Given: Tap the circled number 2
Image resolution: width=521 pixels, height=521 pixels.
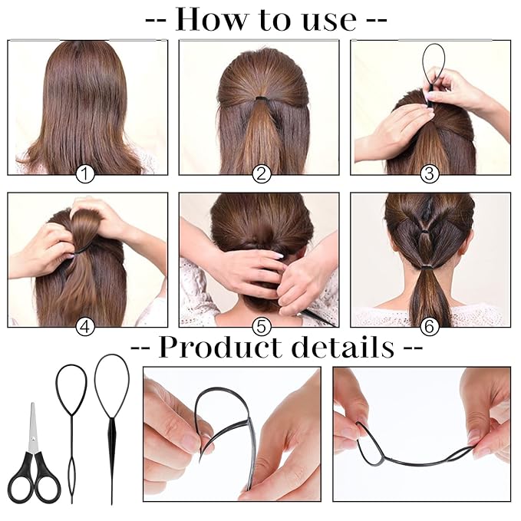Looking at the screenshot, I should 262,174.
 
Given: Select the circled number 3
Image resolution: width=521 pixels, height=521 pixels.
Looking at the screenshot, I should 430,174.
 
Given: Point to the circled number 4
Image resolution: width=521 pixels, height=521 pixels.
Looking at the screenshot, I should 85,326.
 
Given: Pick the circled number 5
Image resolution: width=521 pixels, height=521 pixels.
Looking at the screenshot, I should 262,326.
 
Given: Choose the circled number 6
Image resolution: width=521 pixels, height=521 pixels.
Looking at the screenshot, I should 430,326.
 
